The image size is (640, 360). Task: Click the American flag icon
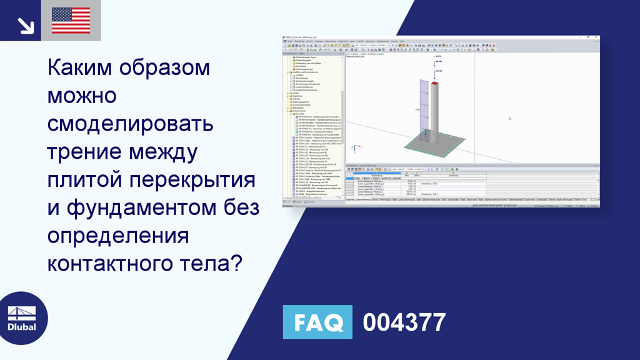pyautogui.click(x=71, y=21)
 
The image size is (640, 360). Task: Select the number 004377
pyautogui.click(x=404, y=322)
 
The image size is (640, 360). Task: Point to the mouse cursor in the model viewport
pyautogui.click(x=510, y=118)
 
